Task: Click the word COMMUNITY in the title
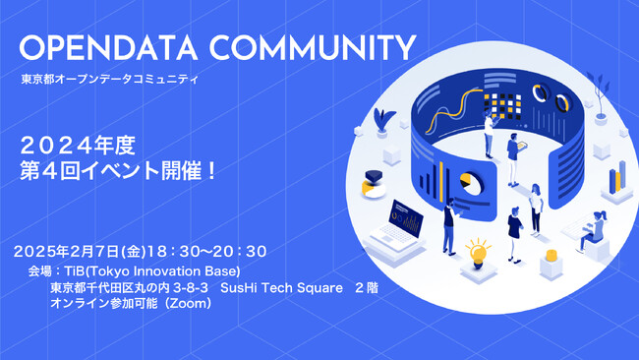[x=310, y=49]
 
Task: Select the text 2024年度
[x=78, y=146]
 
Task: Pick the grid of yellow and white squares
[x=506, y=104]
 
